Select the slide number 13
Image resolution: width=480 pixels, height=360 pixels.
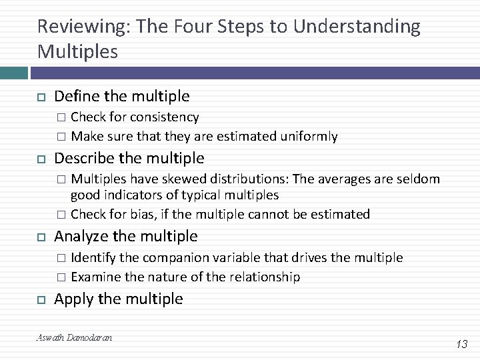coord(461,344)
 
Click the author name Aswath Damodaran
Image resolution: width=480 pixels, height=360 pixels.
coord(74,338)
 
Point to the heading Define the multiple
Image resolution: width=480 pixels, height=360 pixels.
coord(121,97)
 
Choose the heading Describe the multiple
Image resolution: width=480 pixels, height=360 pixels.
coord(129,158)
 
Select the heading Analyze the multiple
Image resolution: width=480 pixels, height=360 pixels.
coord(125,236)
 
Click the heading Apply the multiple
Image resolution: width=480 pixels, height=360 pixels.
coord(118,299)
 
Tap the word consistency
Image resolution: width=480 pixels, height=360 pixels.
coord(164,117)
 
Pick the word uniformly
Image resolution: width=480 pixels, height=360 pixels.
coord(307,137)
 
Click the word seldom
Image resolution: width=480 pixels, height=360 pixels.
coord(419,179)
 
